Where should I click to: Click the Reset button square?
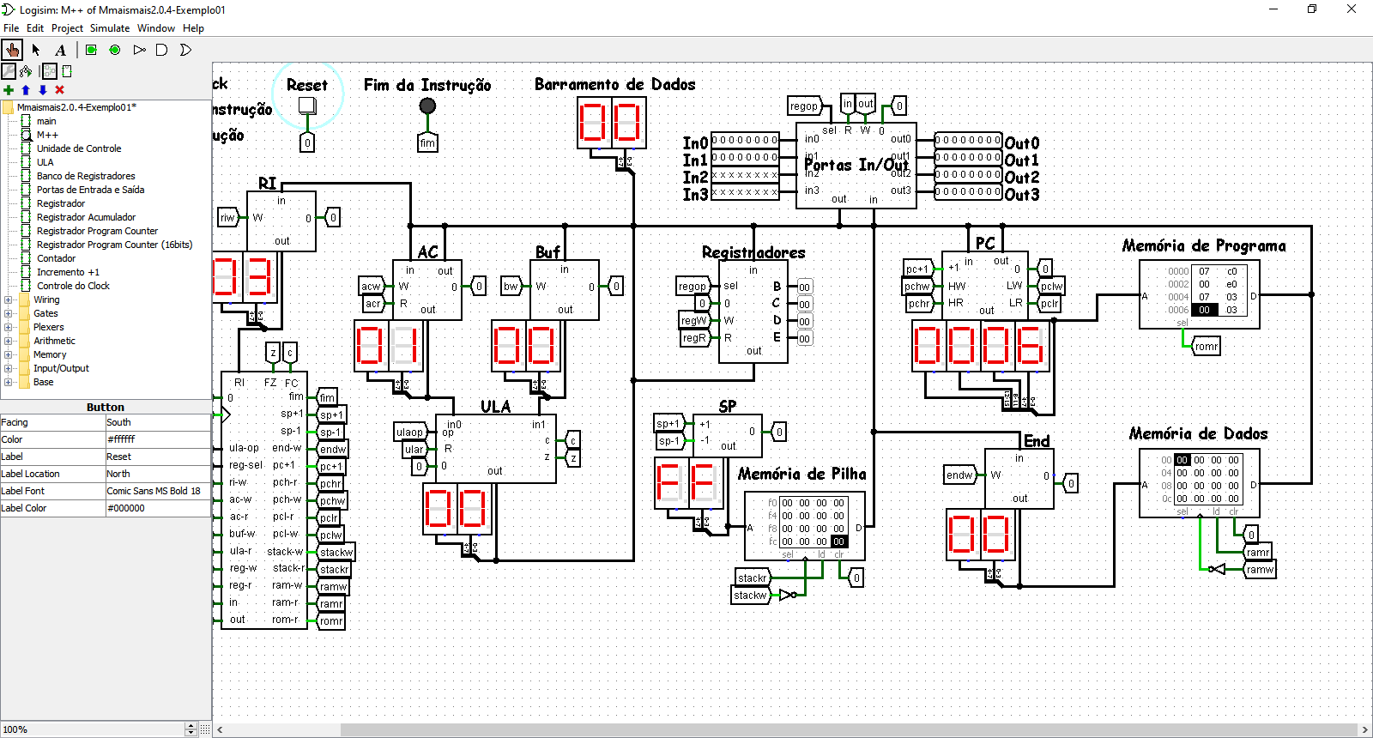point(306,106)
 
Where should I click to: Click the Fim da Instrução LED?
point(427,106)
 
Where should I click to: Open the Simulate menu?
point(110,28)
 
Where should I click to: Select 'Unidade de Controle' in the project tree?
point(79,148)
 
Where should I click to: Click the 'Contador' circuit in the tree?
point(56,258)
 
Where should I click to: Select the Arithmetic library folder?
point(54,341)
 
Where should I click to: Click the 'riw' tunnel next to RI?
point(227,217)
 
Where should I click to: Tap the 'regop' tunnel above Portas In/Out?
point(804,106)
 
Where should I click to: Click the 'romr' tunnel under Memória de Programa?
point(1206,347)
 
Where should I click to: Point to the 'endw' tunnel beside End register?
point(959,475)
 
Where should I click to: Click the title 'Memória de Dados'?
point(1198,434)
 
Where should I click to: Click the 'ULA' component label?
point(495,407)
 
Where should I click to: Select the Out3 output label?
point(1022,195)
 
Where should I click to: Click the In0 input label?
point(695,143)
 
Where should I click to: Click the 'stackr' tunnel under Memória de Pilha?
point(752,578)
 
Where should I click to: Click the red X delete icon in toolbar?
point(59,90)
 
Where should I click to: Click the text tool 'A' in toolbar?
point(60,50)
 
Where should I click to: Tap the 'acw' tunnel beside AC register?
point(371,287)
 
